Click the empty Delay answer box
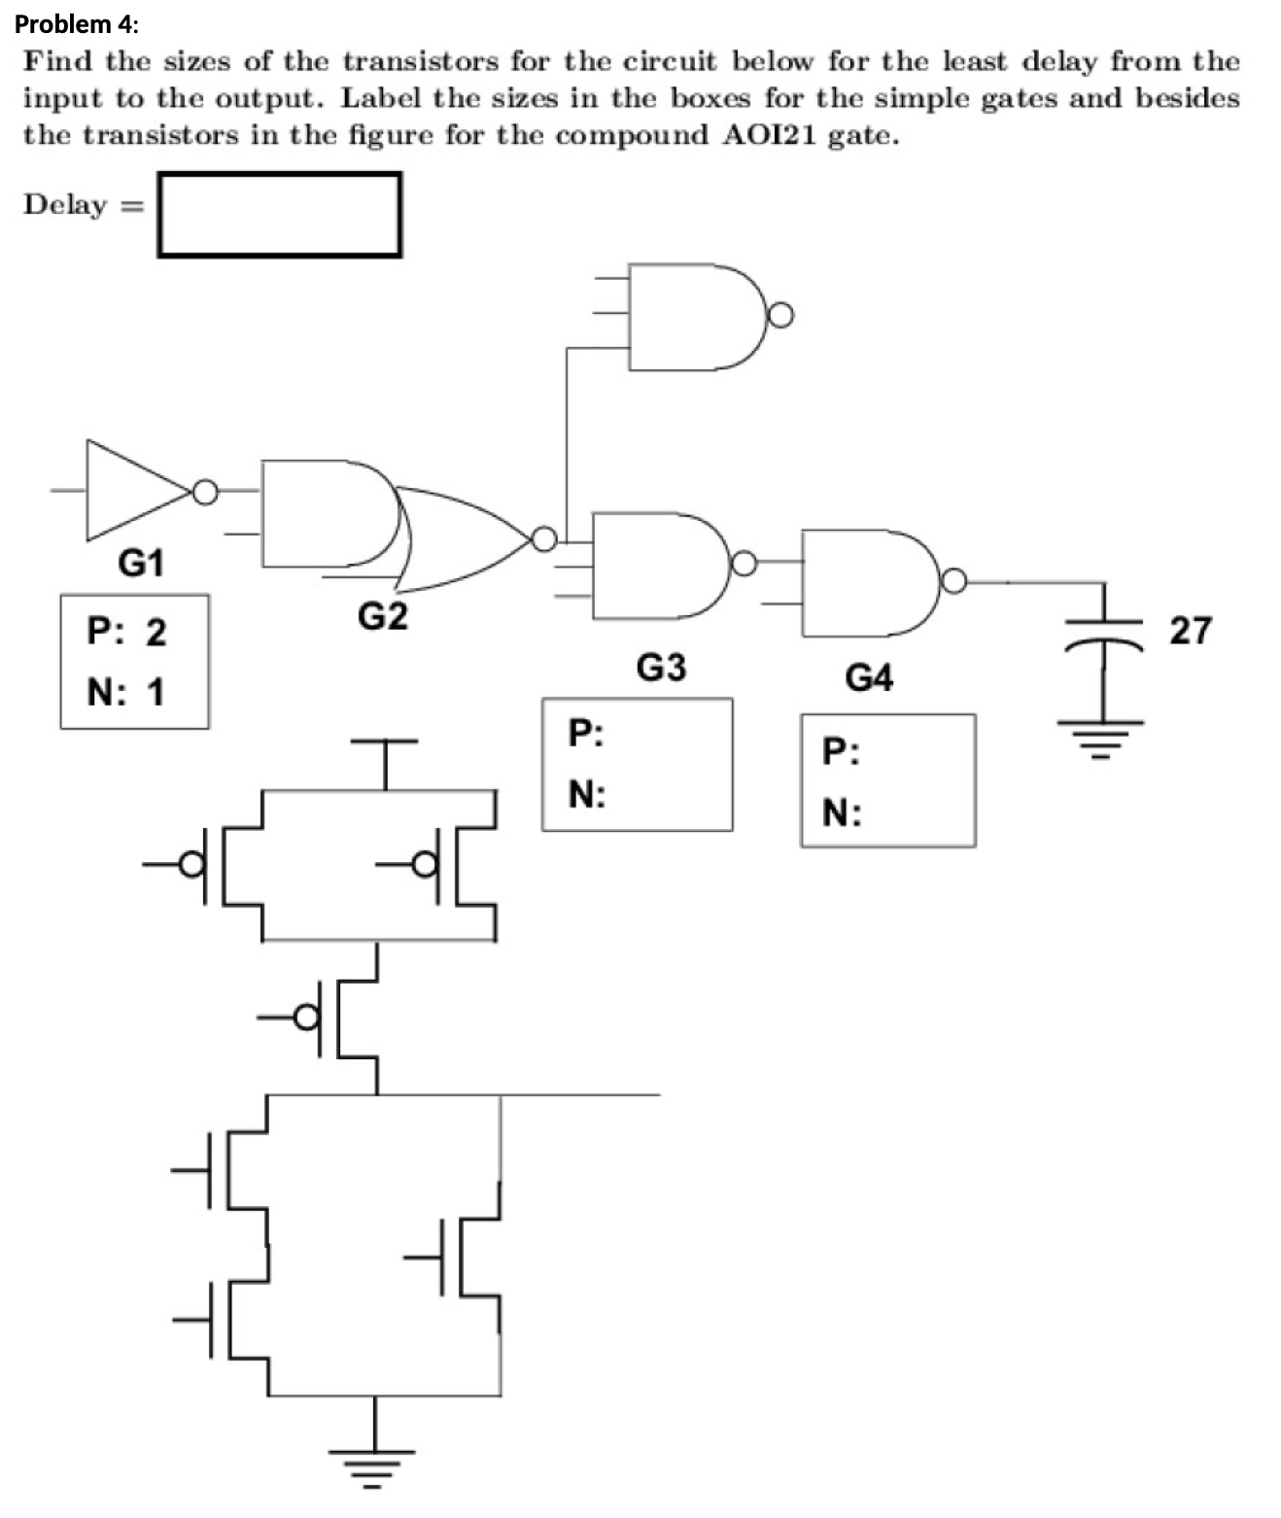(279, 215)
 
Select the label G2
(383, 616)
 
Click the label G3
(661, 668)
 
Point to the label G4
(868, 677)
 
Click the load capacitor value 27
(1190, 631)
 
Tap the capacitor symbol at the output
(1104, 631)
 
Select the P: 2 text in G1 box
(126, 632)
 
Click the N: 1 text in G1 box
(126, 692)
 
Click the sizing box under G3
(638, 765)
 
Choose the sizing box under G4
(888, 780)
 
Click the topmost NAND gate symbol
(695, 316)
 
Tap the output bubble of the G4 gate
(955, 581)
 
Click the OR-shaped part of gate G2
(457, 539)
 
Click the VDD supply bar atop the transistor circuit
(385, 742)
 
